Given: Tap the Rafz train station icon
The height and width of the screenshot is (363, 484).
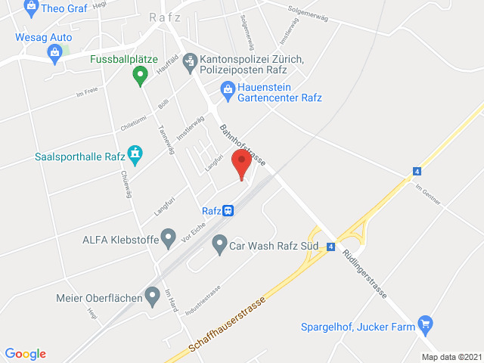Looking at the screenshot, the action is click(228, 211).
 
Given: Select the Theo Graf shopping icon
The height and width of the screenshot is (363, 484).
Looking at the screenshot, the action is click(31, 9).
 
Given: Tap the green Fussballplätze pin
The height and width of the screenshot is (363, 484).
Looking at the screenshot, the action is click(139, 75).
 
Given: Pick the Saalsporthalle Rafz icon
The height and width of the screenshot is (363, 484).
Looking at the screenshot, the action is click(135, 155).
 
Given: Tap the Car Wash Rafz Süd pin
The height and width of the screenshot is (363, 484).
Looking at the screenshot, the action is click(219, 244).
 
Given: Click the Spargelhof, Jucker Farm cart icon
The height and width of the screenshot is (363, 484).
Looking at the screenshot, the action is click(424, 325).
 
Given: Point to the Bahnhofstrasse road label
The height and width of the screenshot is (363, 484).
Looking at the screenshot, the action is click(241, 144).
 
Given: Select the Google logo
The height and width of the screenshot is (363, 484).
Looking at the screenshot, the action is click(25, 353).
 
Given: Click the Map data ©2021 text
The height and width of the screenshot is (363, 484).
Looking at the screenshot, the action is click(450, 357).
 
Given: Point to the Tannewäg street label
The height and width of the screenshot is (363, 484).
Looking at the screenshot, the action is click(166, 139).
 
